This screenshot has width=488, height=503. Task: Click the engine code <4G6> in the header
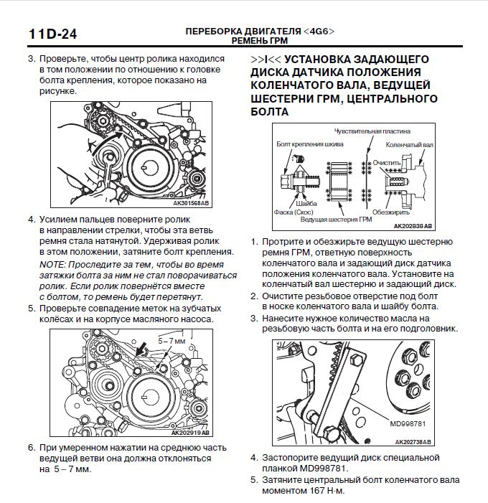point(318,32)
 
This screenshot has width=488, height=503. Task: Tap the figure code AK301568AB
point(191,203)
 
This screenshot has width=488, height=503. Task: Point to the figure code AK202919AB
point(191,433)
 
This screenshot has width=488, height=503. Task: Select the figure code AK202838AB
point(414,225)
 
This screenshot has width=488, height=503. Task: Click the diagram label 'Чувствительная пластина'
point(372,132)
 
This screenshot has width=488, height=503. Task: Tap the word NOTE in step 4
point(52,265)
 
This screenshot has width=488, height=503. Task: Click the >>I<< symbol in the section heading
point(265,58)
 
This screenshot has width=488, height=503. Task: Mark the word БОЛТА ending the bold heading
point(270,112)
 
